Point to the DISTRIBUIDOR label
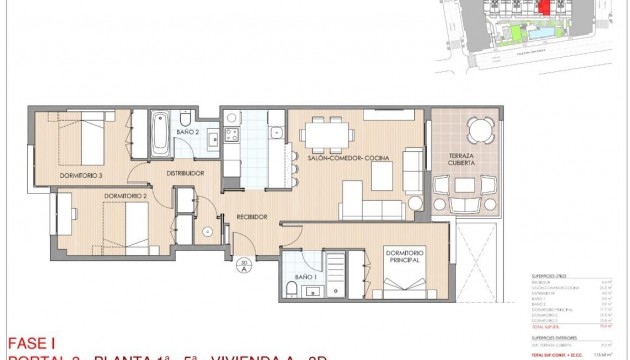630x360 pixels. [x=185, y=173]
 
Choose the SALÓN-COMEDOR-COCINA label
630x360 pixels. [x=347, y=159]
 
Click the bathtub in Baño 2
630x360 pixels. [x=160, y=132]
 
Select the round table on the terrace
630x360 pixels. [x=479, y=128]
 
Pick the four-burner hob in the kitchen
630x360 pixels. [x=231, y=137]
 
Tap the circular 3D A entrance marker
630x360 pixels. [x=243, y=265]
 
